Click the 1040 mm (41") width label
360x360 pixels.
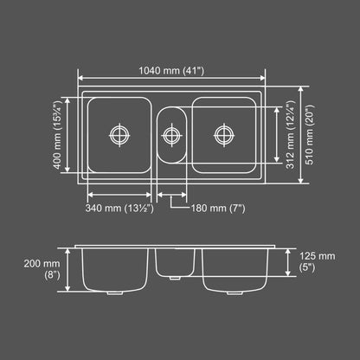click(171, 70)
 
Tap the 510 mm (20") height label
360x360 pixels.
click(309, 135)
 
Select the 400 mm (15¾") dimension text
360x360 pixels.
click(58, 135)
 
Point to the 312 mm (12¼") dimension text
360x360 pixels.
click(290, 135)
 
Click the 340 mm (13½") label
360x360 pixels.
click(119, 208)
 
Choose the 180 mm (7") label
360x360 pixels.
click(218, 208)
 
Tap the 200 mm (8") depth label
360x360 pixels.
click(42, 269)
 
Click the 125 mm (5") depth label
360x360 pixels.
click(318, 261)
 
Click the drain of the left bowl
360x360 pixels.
click(119, 135)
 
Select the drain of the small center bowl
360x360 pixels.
click(171, 135)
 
